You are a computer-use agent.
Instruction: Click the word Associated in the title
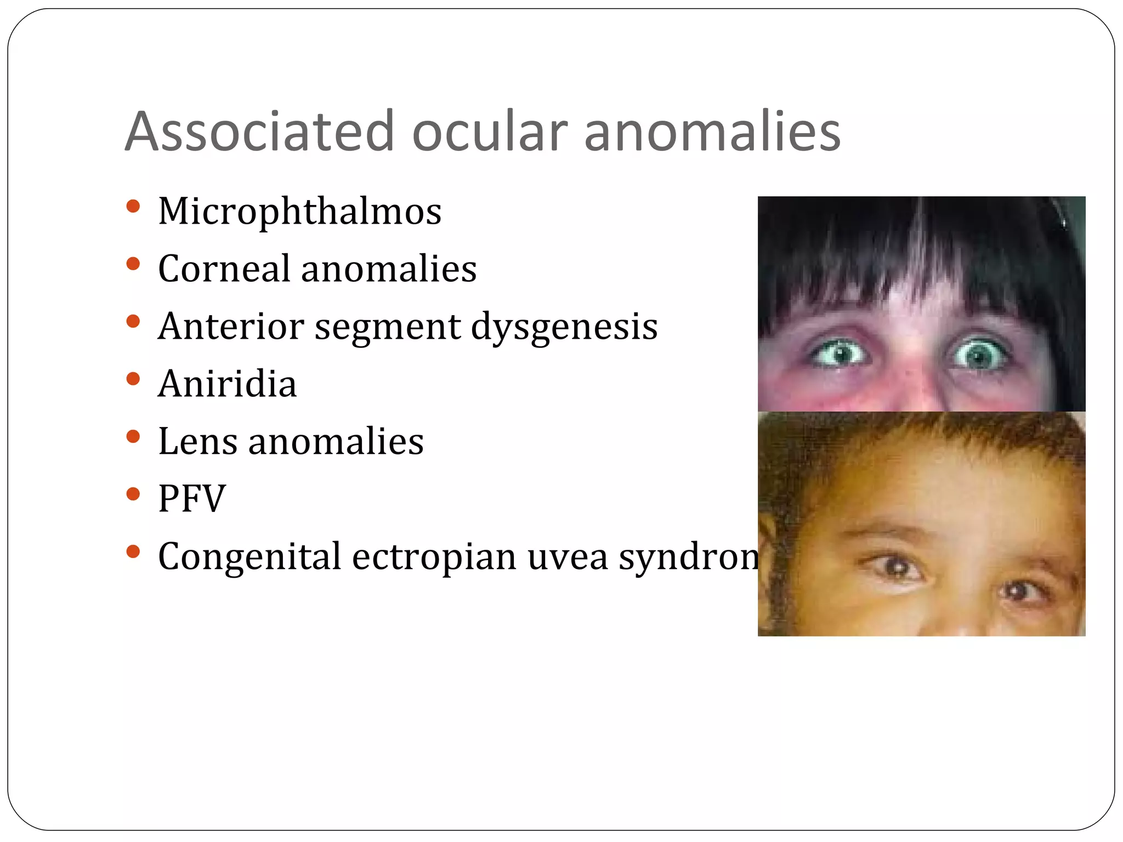point(260,132)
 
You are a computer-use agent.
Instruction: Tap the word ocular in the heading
point(489,132)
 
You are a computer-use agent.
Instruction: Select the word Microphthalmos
point(299,212)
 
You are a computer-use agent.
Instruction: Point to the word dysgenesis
point(564,328)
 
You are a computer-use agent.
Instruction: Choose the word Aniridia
point(227,384)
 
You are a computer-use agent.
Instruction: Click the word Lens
point(197,441)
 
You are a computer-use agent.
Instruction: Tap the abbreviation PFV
point(192,499)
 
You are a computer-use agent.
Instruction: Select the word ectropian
point(434,557)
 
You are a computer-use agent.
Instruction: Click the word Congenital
point(249,557)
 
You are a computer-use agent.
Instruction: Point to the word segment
point(388,328)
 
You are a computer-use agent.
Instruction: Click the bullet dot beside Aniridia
point(133,379)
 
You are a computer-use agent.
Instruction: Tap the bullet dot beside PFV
point(133,494)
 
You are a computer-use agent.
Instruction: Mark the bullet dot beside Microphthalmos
point(133,207)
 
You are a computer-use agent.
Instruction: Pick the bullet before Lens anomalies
point(133,436)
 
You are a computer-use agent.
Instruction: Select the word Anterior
point(231,327)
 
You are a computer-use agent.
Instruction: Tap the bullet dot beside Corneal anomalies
point(133,264)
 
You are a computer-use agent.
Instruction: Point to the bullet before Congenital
point(133,551)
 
